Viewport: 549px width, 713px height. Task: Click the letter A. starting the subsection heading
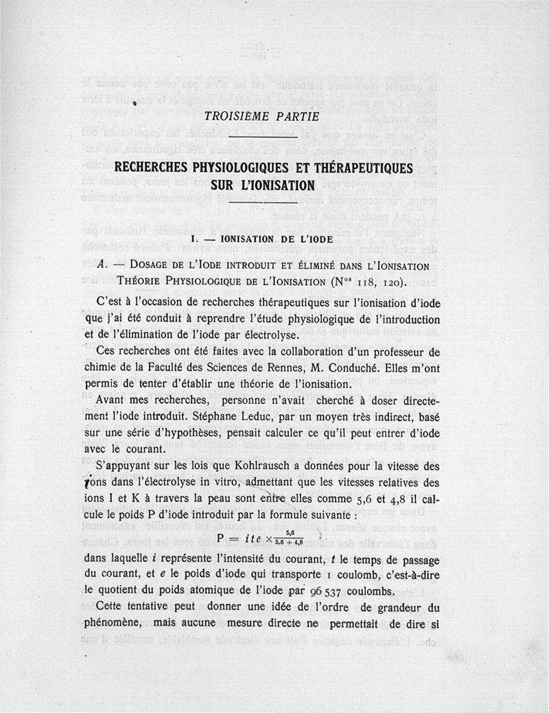point(103,265)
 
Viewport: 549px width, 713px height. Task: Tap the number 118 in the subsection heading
point(369,281)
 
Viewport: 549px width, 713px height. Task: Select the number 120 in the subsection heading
point(400,281)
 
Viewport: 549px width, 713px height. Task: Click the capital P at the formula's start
point(221,537)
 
